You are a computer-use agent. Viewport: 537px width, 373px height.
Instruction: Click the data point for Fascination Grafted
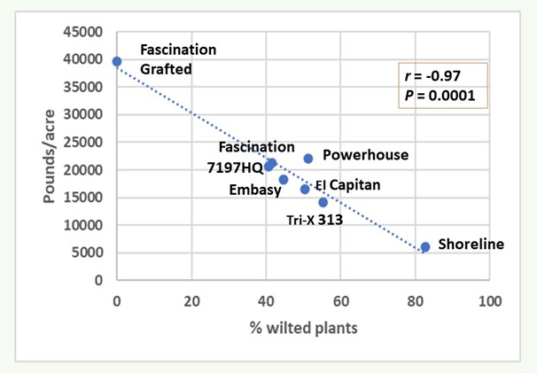click(116, 61)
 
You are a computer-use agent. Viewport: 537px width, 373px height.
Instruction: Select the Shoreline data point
click(425, 247)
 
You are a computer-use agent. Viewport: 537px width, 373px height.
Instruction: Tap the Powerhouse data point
click(308, 159)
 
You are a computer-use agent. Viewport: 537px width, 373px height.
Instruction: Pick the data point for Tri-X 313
click(323, 202)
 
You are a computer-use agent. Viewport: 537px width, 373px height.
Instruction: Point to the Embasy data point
click(284, 180)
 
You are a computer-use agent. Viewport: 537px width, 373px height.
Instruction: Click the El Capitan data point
click(305, 189)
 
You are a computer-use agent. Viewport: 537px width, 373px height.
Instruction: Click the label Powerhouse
click(365, 155)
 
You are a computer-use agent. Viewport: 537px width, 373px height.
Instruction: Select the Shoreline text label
click(471, 244)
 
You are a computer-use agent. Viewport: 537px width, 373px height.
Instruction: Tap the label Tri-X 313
click(314, 220)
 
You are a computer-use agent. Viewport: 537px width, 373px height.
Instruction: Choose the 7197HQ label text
click(234, 166)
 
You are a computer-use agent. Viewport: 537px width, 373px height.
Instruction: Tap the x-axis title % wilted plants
click(302, 330)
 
